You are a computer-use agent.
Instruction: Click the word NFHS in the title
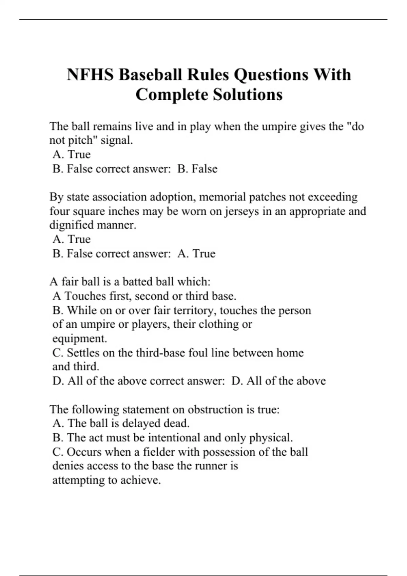[90, 75]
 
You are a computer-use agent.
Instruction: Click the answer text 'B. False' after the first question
[197, 169]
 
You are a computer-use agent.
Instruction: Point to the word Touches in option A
[85, 296]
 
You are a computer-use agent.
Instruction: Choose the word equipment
[79, 338]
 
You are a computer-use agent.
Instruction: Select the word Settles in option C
[83, 353]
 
